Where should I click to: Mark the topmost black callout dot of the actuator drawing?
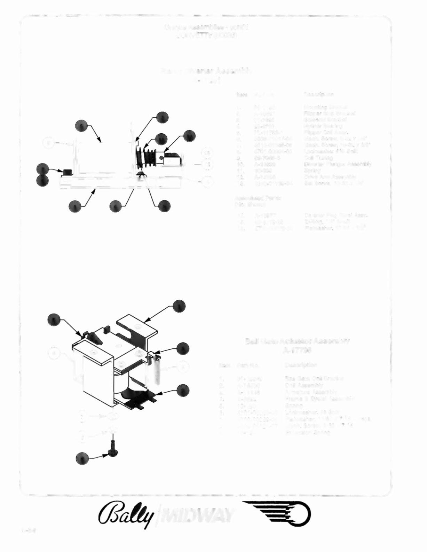pos(179,306)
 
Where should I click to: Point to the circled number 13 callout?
pos(208,164)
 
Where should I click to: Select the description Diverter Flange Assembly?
pos(337,164)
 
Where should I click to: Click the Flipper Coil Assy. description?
pos(324,132)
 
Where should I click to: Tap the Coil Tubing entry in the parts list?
pos(318,158)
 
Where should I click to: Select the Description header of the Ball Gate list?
pos(301,365)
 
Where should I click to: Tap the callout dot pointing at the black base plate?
pos(183,391)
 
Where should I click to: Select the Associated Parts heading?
pos(258,198)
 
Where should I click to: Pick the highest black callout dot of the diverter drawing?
pos(162,117)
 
